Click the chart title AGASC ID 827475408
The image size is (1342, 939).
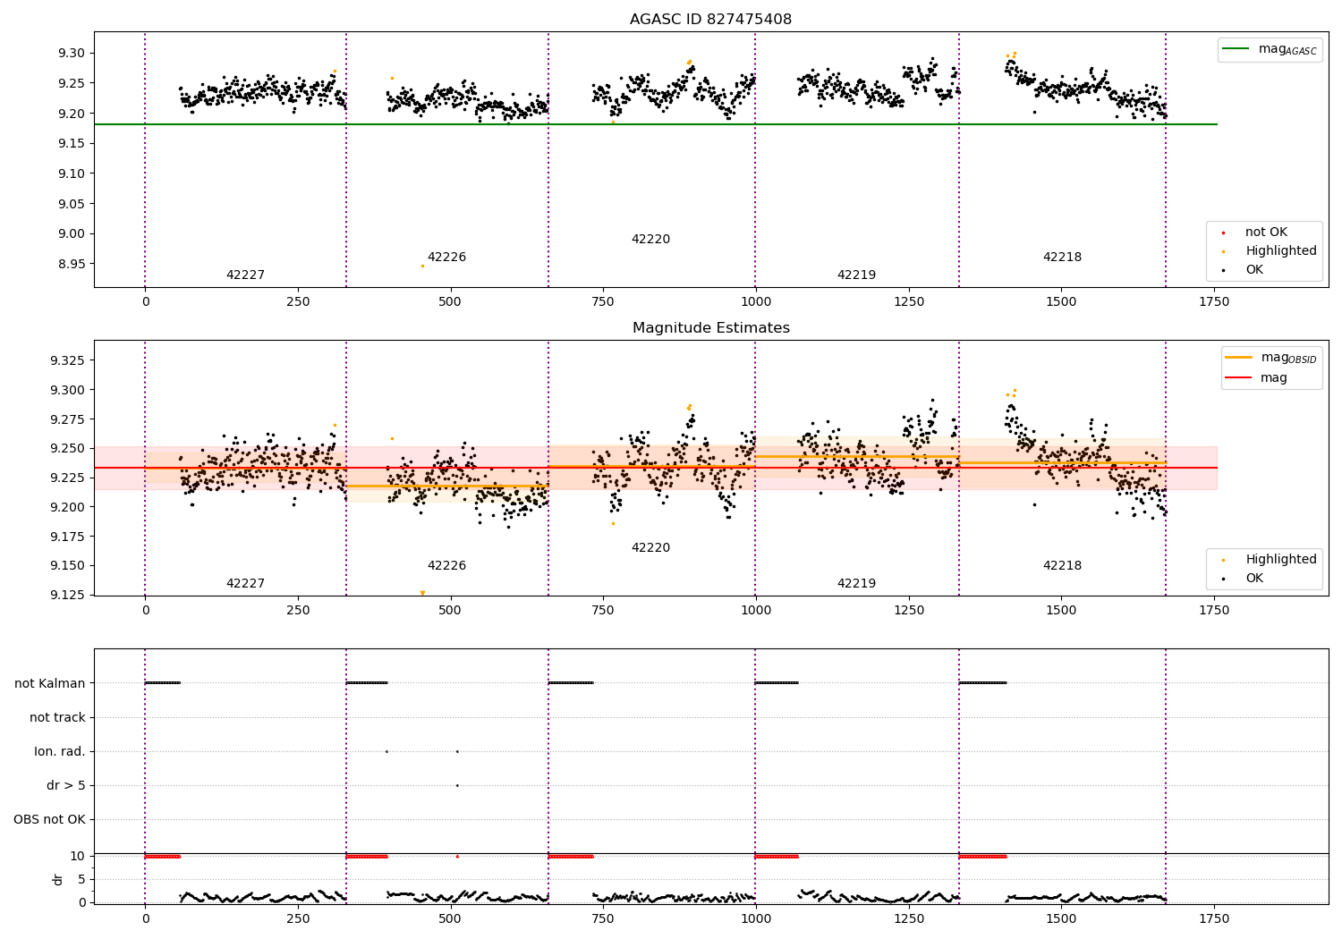(710, 20)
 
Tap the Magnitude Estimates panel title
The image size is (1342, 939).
(710, 328)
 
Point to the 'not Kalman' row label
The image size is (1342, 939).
(50, 683)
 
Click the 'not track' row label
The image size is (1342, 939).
(57, 717)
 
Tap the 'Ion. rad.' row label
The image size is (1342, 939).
(60, 751)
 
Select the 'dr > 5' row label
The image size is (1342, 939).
(66, 785)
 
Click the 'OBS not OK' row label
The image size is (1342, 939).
(49, 819)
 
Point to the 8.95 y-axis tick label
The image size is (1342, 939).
(71, 264)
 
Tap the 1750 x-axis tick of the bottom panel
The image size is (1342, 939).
(1214, 918)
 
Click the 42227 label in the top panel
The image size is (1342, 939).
(245, 275)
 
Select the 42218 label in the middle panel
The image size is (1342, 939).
(1062, 566)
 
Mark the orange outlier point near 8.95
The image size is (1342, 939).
(422, 266)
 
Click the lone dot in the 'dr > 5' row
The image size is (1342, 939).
(457, 785)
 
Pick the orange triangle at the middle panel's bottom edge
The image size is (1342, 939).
(422, 593)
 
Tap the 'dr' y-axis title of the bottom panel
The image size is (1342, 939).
(58, 879)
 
